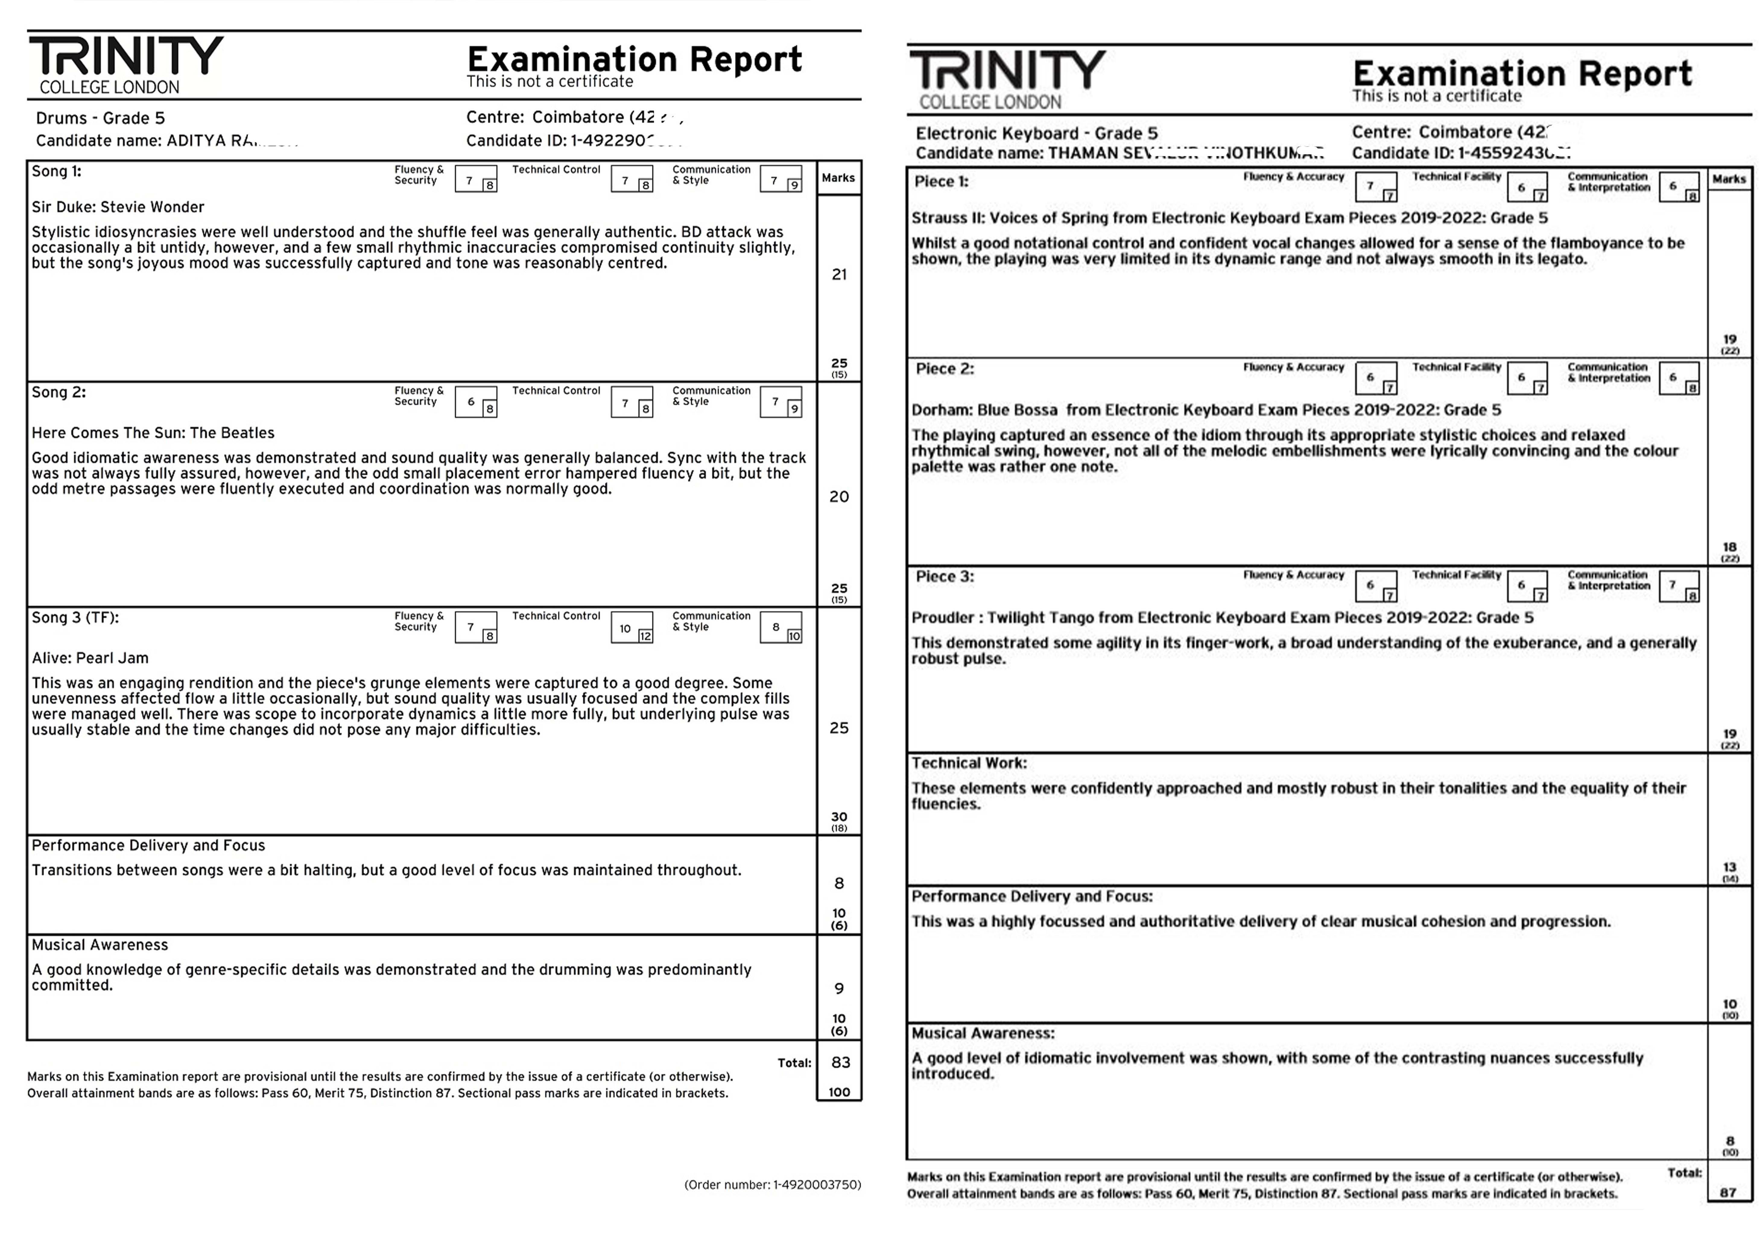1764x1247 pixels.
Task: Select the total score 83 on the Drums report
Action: coord(840,1063)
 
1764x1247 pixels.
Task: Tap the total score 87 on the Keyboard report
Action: coord(1728,1192)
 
